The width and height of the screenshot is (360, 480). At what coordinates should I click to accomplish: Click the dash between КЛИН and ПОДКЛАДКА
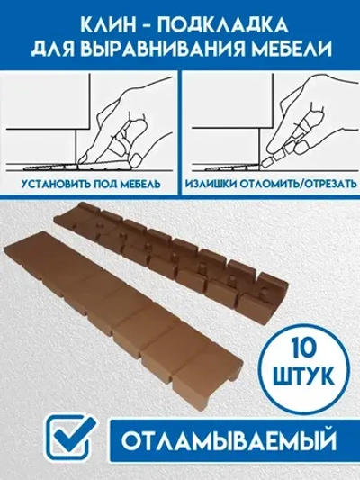[x=144, y=20]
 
